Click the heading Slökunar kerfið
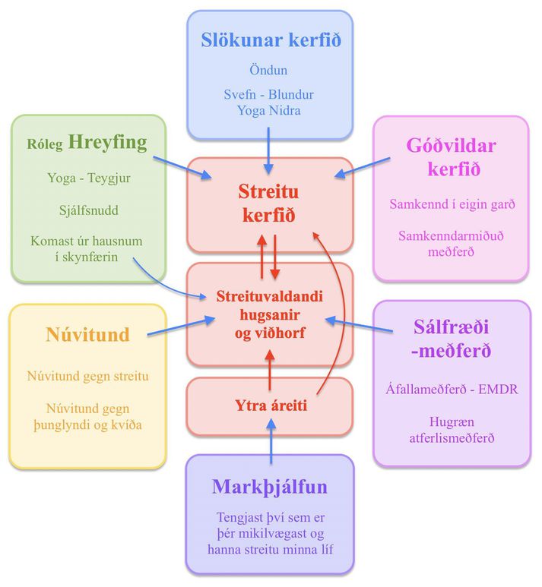pos(271,39)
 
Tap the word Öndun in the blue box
pos(268,70)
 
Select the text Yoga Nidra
pos(269,111)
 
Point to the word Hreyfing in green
pos(108,143)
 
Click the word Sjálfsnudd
pos(89,210)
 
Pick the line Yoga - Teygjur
pos(89,178)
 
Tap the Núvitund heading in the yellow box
pos(87,334)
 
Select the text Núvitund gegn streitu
pos(87,376)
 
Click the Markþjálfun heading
pos(270,487)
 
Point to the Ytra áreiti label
pos(271,406)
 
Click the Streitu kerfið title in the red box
pos(269,203)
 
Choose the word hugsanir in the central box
pos(270,315)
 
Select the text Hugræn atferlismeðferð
pos(452,430)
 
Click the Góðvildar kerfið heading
pos(452,157)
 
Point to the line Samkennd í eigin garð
pos(452,204)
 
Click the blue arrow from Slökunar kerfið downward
pos(268,150)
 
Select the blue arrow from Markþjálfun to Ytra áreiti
pos(271,441)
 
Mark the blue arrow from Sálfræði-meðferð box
pos(359,325)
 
